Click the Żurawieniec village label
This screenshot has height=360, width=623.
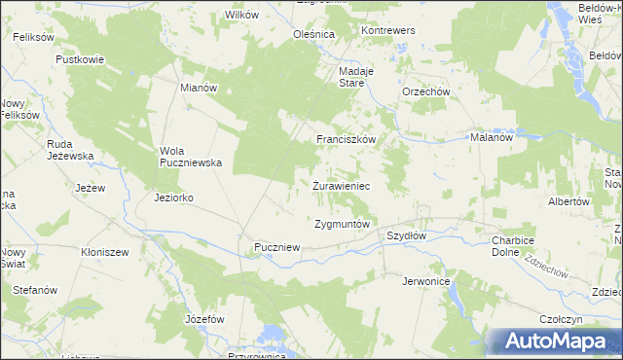tap(340, 185)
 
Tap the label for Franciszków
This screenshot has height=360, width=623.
tap(346, 140)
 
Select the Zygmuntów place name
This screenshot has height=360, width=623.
tap(343, 224)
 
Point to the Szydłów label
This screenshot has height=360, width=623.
tap(407, 236)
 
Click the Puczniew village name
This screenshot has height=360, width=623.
tap(276, 248)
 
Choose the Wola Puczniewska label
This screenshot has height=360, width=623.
tap(192, 157)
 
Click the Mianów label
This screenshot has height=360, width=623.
tap(199, 87)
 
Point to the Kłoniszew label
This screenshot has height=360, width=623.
tap(106, 251)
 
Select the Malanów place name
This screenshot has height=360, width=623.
tap(492, 138)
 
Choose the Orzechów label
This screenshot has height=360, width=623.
tap(425, 92)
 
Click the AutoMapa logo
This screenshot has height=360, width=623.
tap(553, 342)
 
